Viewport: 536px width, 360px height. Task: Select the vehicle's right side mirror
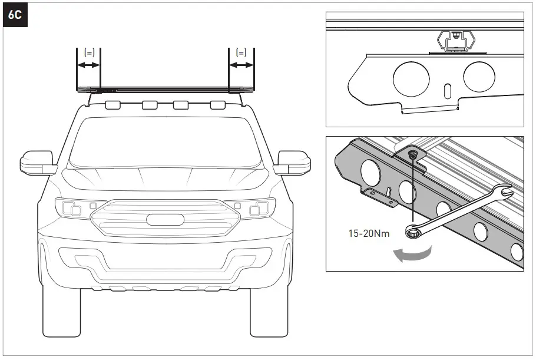click(x=293, y=162)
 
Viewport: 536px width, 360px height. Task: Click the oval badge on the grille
click(x=165, y=219)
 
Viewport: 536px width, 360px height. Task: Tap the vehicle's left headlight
click(x=71, y=207)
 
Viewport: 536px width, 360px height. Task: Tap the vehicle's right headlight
click(x=260, y=207)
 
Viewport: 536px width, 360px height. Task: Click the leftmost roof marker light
click(x=113, y=105)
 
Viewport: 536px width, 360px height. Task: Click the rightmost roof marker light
click(x=218, y=105)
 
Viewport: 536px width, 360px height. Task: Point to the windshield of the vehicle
click(x=165, y=141)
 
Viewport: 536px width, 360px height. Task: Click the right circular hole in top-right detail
click(x=479, y=77)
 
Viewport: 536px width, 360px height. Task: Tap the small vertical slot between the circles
click(x=447, y=91)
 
